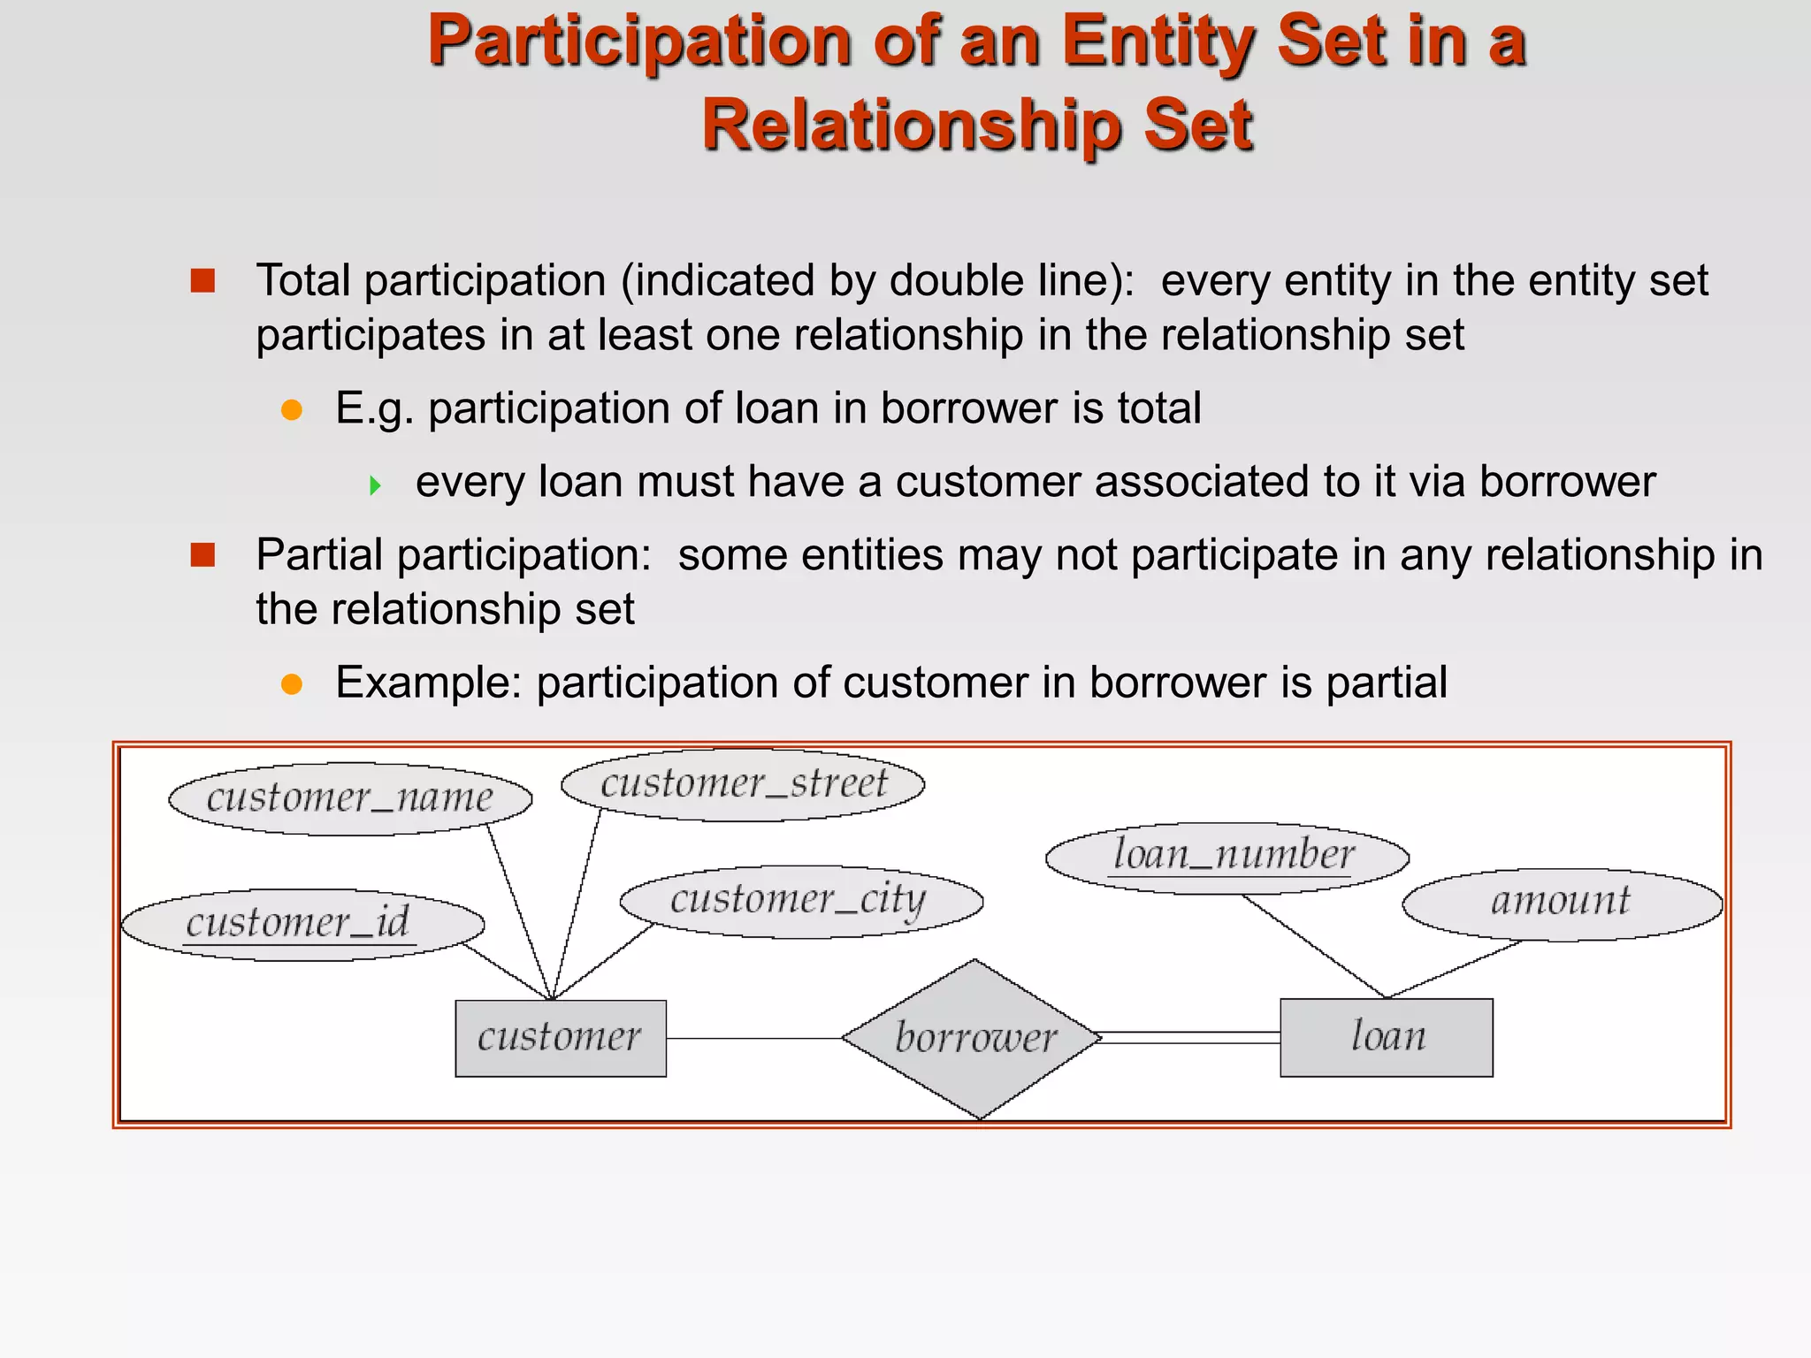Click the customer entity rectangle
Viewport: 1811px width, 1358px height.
[561, 1038]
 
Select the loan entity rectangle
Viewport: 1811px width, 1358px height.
[1386, 1037]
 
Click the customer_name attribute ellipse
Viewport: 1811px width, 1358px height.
[350, 798]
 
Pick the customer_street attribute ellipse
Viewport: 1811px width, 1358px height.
[743, 784]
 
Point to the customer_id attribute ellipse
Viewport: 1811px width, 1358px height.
[302, 925]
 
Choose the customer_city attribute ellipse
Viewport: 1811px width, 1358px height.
[801, 901]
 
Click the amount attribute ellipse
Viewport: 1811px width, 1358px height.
[1563, 904]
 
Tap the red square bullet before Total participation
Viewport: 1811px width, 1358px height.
[203, 281]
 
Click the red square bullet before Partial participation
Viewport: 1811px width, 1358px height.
[203, 555]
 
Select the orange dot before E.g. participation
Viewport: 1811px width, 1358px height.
[292, 410]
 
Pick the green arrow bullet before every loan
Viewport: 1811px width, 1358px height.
[376, 484]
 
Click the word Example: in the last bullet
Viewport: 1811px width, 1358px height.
[429, 683]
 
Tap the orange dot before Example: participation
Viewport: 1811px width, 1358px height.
[292, 684]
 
